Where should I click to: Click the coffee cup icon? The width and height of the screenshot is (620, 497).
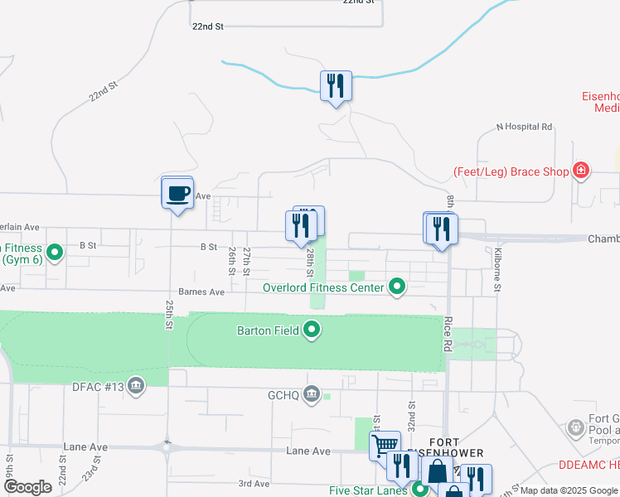click(x=177, y=194)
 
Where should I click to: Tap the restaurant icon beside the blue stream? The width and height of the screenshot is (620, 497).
click(x=336, y=86)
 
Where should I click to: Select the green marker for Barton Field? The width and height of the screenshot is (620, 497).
click(x=312, y=331)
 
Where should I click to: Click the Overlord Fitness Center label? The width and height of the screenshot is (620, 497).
click(x=323, y=287)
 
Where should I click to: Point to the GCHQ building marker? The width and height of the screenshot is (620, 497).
click(x=312, y=393)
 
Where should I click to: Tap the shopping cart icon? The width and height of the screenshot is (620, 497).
click(x=385, y=446)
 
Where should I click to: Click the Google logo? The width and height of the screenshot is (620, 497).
click(x=27, y=487)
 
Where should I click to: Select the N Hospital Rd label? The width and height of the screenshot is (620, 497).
click(x=524, y=127)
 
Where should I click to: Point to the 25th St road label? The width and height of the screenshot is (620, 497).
click(x=169, y=314)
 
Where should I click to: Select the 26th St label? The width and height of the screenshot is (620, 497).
click(x=232, y=261)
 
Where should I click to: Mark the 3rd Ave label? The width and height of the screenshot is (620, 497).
click(x=254, y=483)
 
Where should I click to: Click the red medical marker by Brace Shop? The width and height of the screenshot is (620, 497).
click(x=582, y=171)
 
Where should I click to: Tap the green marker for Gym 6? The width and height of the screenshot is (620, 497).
click(x=56, y=252)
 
